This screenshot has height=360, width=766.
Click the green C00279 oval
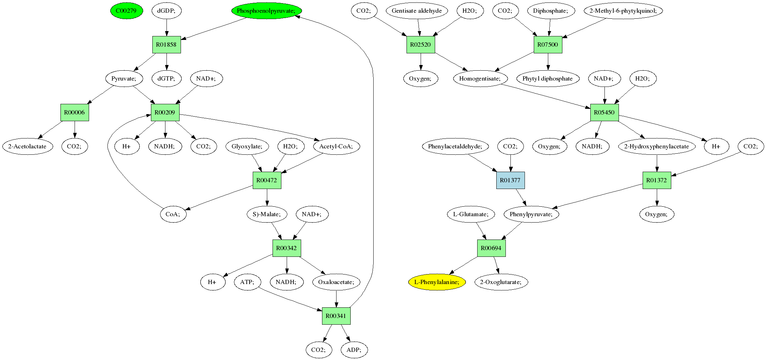[x=126, y=11]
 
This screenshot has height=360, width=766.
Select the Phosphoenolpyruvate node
[x=266, y=11]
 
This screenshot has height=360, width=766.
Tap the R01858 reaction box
[x=166, y=45]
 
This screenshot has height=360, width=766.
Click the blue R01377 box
[x=510, y=180]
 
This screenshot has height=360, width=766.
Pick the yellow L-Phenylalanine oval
[x=437, y=282]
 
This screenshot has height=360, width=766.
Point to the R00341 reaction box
[x=336, y=316]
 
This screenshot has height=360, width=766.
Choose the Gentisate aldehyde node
[x=417, y=11]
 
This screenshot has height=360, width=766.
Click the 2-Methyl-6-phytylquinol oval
[x=623, y=11]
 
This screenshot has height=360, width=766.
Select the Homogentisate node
[x=480, y=78]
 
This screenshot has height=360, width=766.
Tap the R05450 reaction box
[x=604, y=112]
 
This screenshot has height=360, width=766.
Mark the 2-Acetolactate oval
[x=27, y=146]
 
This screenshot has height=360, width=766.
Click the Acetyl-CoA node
[x=336, y=146]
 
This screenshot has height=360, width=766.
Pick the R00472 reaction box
[x=267, y=180]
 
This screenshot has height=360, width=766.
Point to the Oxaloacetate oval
[x=336, y=282]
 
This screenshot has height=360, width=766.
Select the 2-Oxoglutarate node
[x=501, y=282]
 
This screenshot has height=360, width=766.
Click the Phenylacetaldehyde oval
[x=455, y=146]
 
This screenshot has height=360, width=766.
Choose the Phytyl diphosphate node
[x=548, y=78]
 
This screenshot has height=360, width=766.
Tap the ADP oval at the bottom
[x=354, y=350]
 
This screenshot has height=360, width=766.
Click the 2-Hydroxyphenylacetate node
[x=656, y=146]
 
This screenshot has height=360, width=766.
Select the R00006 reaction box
[x=75, y=112]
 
